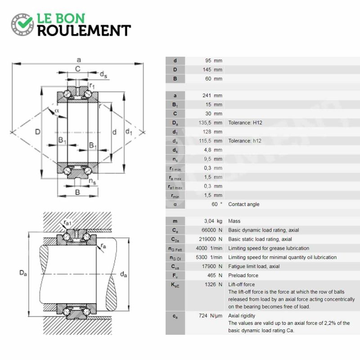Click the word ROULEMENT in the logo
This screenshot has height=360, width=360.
[84, 31]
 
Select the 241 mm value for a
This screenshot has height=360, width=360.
[212, 95]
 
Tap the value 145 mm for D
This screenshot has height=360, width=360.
[212, 70]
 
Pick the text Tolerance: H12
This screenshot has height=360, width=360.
[245, 122]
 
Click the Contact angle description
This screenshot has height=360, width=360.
[243, 204]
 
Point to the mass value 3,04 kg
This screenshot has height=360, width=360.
[213, 221]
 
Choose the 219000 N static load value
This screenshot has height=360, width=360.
[211, 239]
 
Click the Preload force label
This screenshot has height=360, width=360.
[243, 275]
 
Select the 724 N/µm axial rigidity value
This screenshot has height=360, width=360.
[211, 316]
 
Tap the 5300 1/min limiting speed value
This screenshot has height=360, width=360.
[209, 257]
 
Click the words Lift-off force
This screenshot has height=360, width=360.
[241, 284]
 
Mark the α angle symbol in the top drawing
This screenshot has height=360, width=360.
[57, 110]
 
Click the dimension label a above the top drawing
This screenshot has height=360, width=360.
[79, 60]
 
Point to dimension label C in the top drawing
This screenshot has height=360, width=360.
[78, 69]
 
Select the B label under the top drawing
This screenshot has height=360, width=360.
[77, 192]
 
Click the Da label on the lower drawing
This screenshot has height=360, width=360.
[23, 273]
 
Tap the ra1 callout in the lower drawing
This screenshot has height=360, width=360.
[67, 222]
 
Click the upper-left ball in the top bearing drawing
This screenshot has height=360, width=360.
[67, 94]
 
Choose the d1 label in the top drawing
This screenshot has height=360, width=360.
[129, 131]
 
